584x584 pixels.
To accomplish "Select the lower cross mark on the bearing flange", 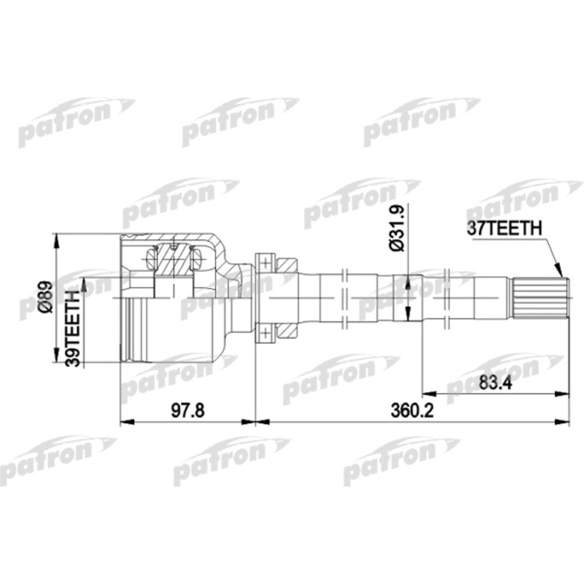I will point(265,335).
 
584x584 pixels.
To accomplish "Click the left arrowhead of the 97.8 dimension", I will point(125,422).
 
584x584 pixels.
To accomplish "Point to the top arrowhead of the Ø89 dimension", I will point(57,238).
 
